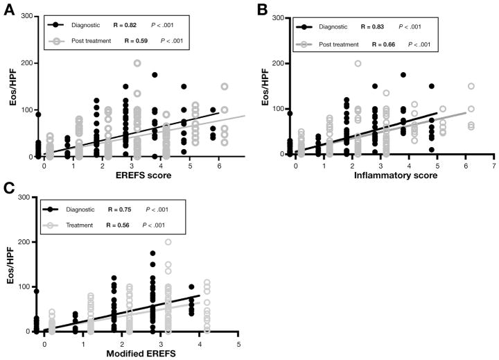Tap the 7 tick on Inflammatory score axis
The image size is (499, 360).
pyautogui.click(x=493, y=166)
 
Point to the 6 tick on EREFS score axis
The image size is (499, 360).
pyautogui.click(x=220, y=166)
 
